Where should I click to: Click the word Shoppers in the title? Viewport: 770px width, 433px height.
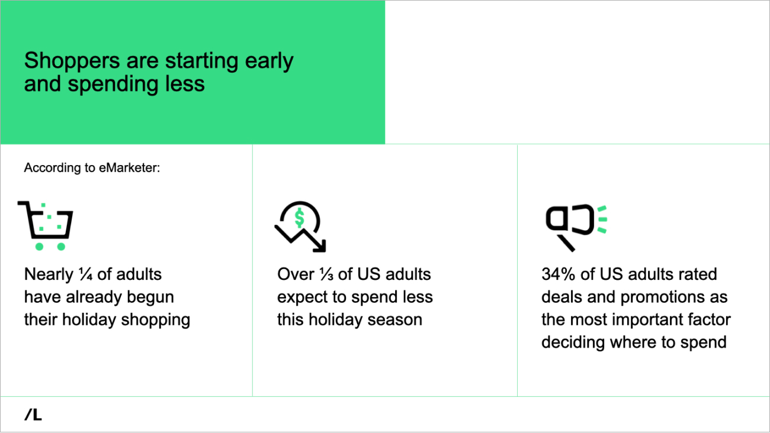pyautogui.click(x=72, y=62)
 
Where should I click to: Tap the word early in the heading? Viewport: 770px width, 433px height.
pyautogui.click(x=269, y=62)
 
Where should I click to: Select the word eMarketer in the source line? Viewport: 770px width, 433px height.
pyautogui.click(x=129, y=167)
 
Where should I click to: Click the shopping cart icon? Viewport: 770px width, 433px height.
pyautogui.click(x=46, y=225)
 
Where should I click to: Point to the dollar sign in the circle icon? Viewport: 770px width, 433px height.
pyautogui.click(x=299, y=218)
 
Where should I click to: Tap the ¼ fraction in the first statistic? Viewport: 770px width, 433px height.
pyautogui.click(x=86, y=274)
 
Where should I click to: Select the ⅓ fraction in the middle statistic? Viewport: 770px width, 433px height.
pyautogui.click(x=326, y=274)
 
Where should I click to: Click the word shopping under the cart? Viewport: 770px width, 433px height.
pyautogui.click(x=155, y=320)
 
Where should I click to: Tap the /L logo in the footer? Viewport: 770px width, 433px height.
pyautogui.click(x=33, y=415)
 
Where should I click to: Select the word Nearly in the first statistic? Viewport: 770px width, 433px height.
pyautogui.click(x=49, y=274)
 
